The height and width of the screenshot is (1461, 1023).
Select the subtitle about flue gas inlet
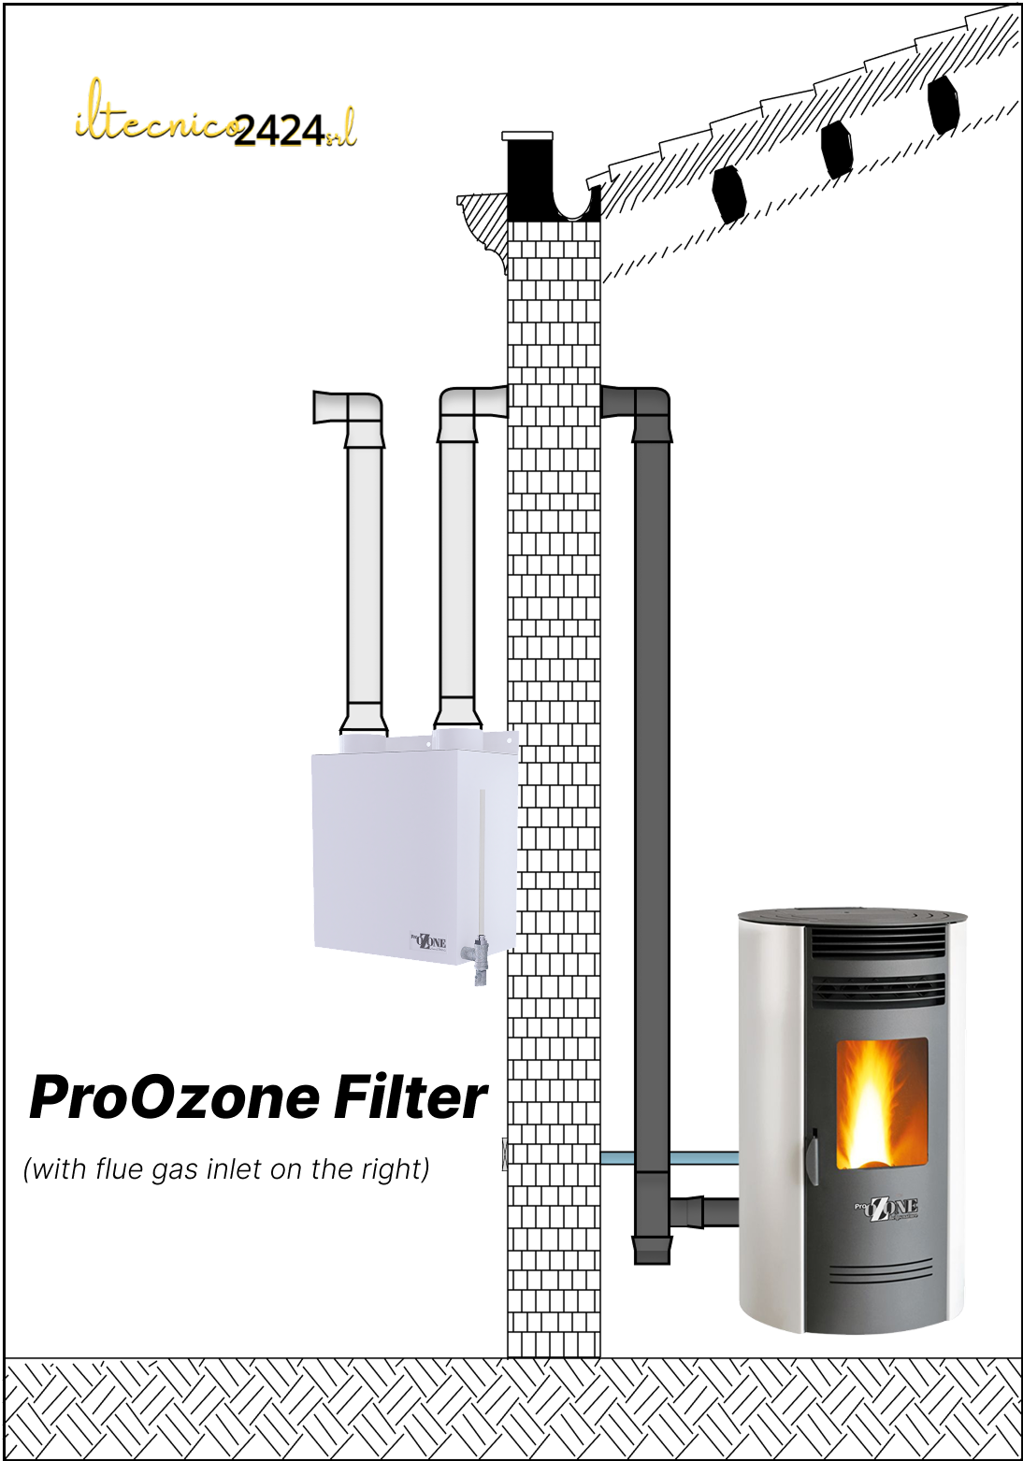[226, 1168]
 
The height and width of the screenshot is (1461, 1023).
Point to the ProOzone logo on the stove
[886, 1208]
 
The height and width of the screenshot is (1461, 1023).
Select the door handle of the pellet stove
[812, 1155]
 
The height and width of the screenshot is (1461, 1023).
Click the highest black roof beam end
[943, 103]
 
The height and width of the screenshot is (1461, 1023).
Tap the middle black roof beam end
[836, 149]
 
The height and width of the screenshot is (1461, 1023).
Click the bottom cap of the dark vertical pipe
[652, 1249]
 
